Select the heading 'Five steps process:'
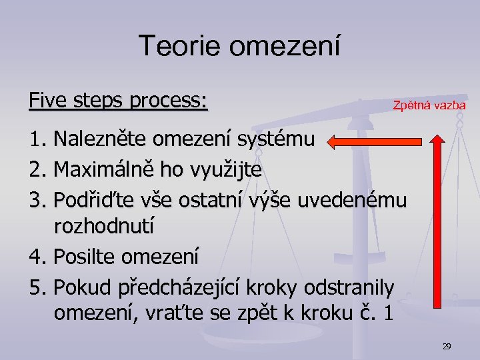[119, 101]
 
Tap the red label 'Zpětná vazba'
[429, 105]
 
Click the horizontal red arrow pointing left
[377, 141]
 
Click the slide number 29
[447, 346]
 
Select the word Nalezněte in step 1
[101, 140]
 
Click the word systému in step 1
[283, 140]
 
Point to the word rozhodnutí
[104, 227]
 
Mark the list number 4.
[37, 256]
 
